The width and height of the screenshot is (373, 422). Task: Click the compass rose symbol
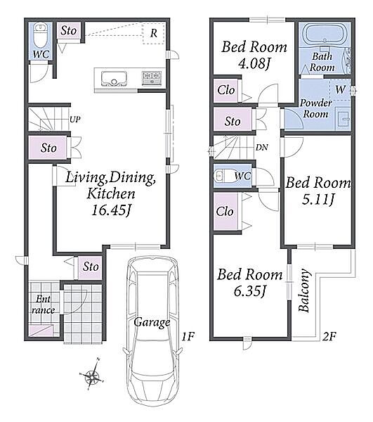[92, 374]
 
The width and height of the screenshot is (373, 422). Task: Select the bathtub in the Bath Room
[325, 34]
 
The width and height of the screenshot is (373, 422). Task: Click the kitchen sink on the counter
[114, 79]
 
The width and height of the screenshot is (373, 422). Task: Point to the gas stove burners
[152, 78]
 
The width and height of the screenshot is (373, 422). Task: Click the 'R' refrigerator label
[154, 33]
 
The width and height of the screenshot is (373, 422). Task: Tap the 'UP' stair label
[75, 120]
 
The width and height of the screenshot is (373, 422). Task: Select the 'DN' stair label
[261, 147]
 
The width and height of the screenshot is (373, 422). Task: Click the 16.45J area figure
[111, 210]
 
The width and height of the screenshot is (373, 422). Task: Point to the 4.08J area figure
[254, 63]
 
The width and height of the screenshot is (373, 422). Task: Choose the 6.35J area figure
[250, 291]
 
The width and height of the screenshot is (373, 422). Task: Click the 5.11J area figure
[318, 200]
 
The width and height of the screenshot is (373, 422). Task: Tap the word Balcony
[304, 290]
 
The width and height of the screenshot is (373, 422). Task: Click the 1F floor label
[188, 336]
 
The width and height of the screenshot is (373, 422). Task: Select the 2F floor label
[329, 336]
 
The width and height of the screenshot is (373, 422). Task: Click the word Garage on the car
[152, 322]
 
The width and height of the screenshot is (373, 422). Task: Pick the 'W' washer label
[341, 89]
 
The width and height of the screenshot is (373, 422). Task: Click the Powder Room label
[316, 108]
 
